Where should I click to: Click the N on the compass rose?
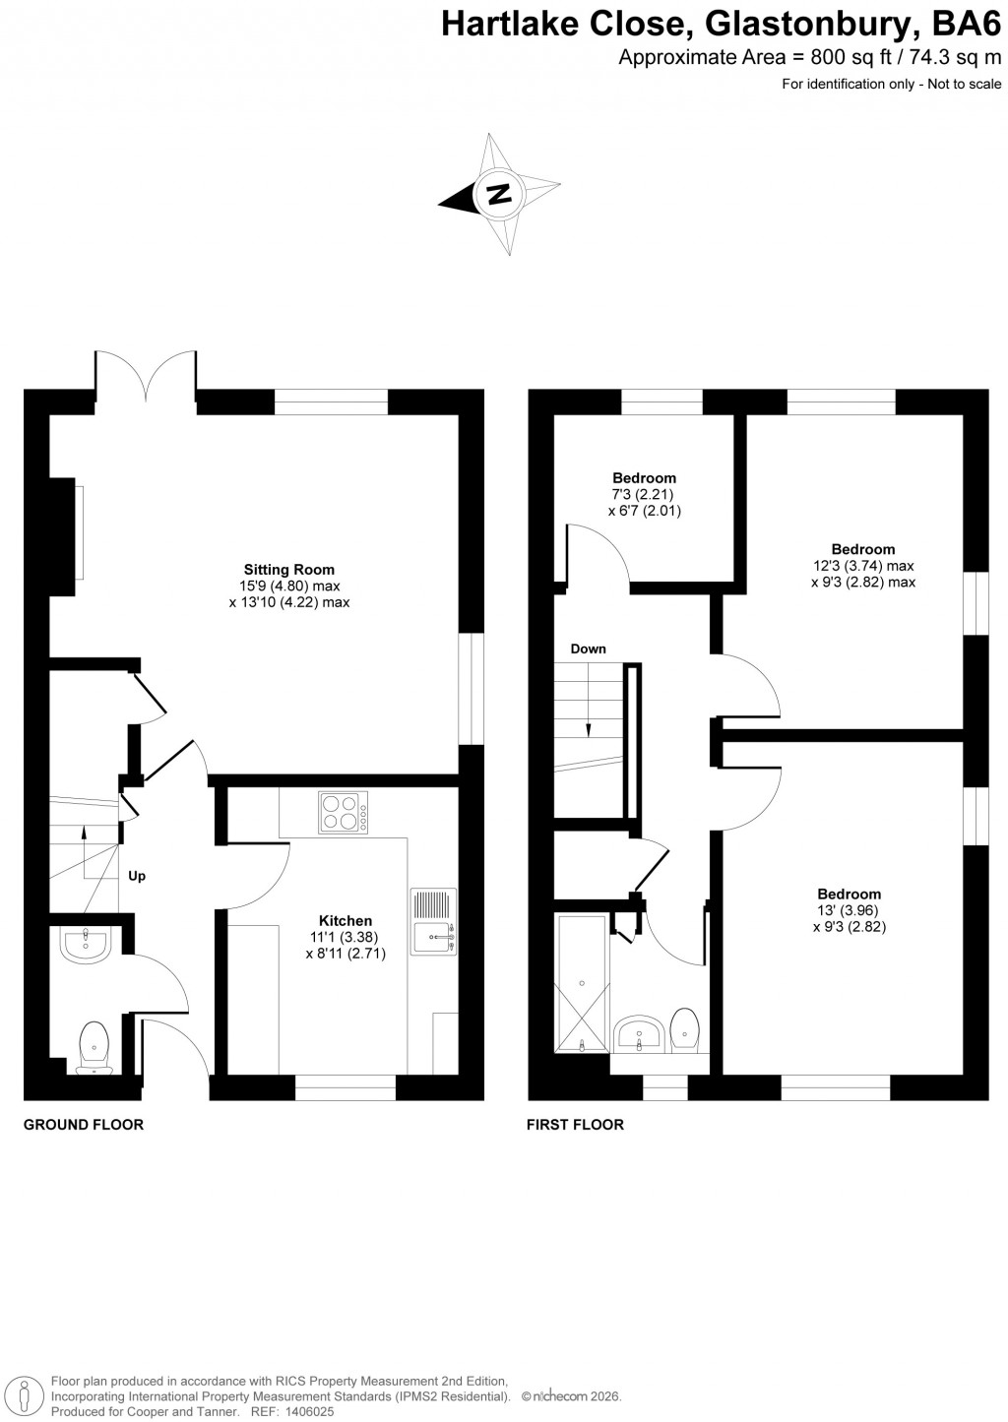(x=500, y=193)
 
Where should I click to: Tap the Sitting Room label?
(x=289, y=569)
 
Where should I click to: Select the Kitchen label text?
(x=345, y=921)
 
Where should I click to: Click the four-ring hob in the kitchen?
(x=344, y=813)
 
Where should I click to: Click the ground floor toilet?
(x=94, y=1045)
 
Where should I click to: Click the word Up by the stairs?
(x=137, y=876)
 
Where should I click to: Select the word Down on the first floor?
(x=588, y=649)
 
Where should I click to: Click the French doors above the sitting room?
(x=146, y=376)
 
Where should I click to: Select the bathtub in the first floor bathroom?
(x=583, y=982)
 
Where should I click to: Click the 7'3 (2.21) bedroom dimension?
(x=644, y=495)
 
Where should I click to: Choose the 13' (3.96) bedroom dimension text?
(x=848, y=910)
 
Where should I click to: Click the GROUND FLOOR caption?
(x=84, y=1124)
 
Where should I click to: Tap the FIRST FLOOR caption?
(x=575, y=1124)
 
